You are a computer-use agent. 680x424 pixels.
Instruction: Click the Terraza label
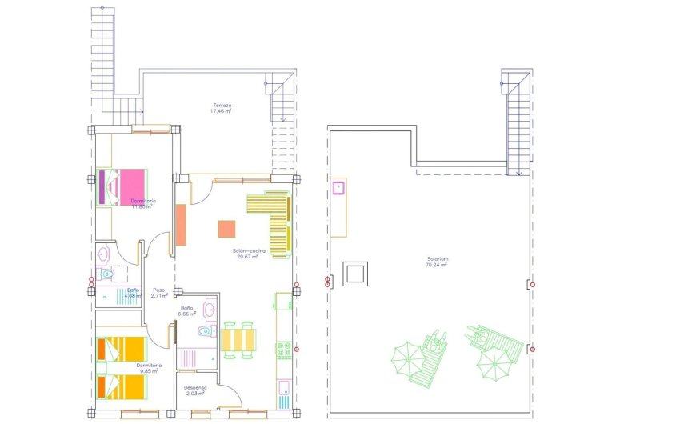tap(222, 108)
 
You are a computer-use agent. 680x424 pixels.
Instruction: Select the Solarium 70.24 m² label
tap(437, 262)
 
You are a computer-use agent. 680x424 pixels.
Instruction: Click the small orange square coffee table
tap(227, 229)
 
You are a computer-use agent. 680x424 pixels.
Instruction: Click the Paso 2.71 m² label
tap(159, 294)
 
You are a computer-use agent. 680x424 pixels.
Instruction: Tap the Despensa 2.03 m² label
tap(196, 390)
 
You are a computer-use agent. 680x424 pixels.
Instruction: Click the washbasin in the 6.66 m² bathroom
tap(210, 309)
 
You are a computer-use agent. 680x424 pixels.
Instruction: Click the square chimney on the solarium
tap(354, 274)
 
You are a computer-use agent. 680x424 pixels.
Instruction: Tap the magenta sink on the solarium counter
tap(339, 189)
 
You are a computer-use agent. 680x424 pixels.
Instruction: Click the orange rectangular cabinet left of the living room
tap(181, 225)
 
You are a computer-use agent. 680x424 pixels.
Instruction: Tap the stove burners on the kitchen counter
tap(282, 350)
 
